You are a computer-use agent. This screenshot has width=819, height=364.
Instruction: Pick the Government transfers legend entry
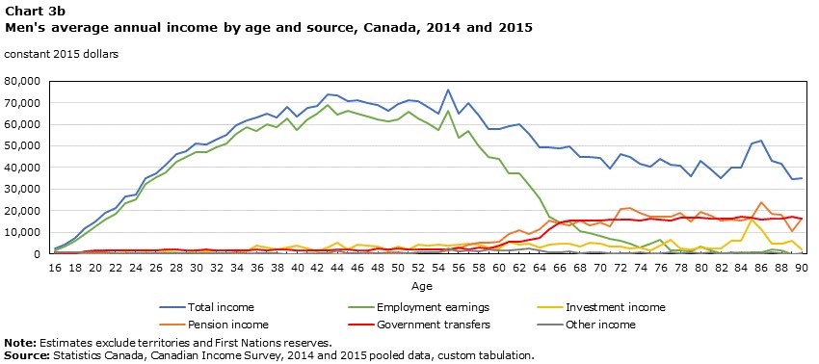tap(450, 325)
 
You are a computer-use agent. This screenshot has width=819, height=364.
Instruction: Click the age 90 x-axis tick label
tap(800, 268)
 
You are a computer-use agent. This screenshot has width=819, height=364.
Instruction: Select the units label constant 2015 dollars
tap(62, 54)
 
